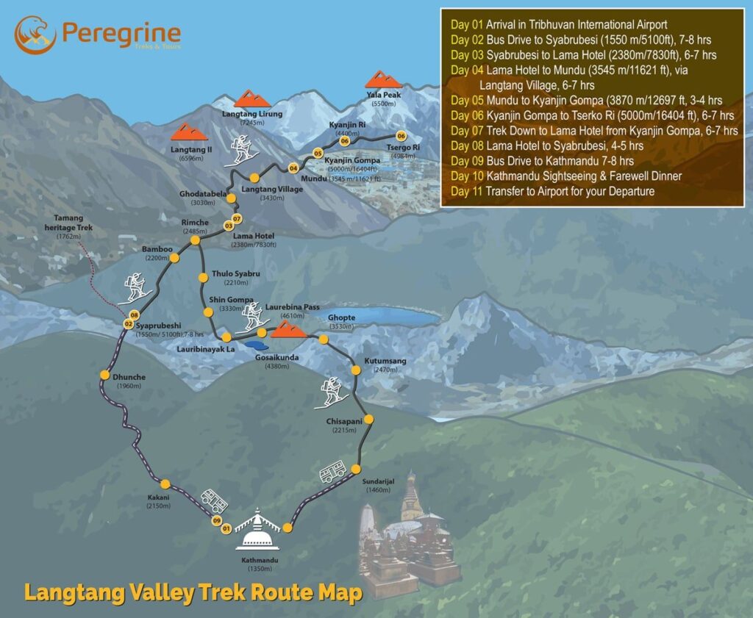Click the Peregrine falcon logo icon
[x=35, y=35]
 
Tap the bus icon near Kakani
[x=214, y=503]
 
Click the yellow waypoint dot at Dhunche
[x=104, y=376]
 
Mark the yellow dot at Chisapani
[x=369, y=420]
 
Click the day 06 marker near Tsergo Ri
[x=401, y=136]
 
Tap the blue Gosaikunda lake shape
[x=256, y=344]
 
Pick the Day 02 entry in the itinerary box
[x=581, y=40]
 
